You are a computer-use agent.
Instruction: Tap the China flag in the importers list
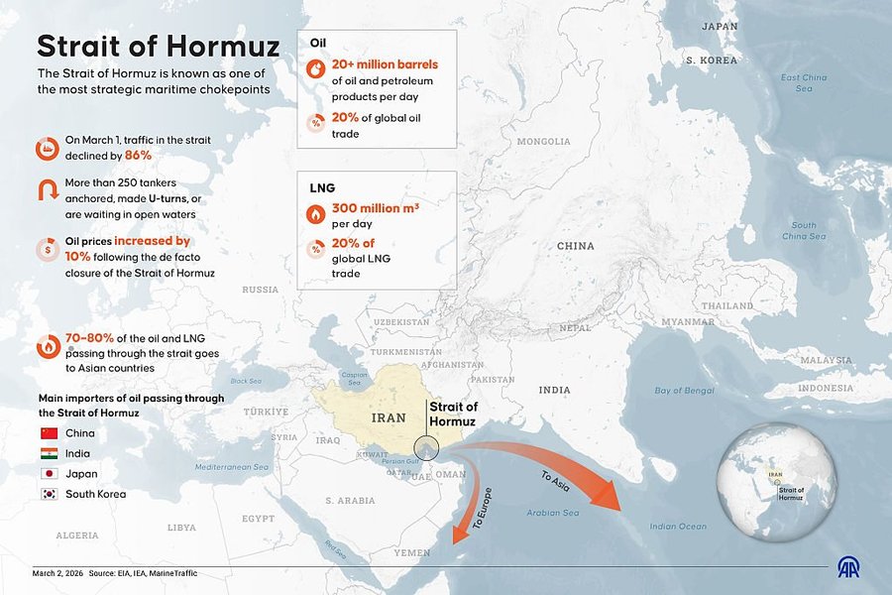[x=49, y=433]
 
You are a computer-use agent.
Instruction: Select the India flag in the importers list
[x=49, y=453]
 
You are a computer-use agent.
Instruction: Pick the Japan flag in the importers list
[x=49, y=473]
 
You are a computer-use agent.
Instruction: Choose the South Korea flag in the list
[x=49, y=494]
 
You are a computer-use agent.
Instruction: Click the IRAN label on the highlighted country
[x=388, y=417]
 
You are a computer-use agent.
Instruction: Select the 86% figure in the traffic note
[x=138, y=156]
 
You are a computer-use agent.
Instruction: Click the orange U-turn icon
[x=47, y=191]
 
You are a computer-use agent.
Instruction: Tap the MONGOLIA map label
[x=543, y=142]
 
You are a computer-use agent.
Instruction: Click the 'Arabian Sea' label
[x=552, y=513]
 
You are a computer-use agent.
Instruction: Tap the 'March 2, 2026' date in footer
[x=56, y=573]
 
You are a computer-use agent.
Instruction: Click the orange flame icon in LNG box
[x=315, y=212]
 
